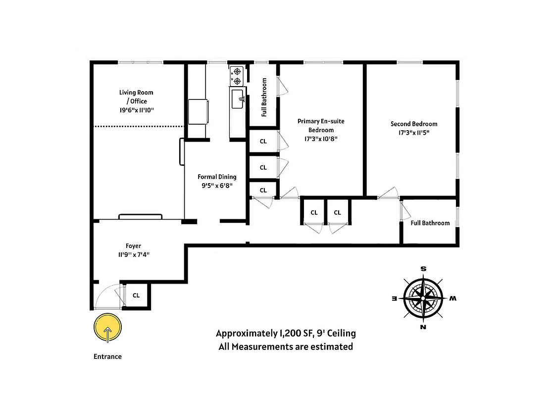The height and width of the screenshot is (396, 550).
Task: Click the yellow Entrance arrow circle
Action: click(107, 329)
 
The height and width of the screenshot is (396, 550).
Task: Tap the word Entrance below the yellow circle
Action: click(107, 356)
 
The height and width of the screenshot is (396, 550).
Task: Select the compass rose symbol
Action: click(423, 298)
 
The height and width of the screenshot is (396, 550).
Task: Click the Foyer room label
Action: click(133, 246)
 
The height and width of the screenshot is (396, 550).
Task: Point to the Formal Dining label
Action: click(217, 177)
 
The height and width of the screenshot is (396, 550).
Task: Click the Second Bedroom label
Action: click(414, 124)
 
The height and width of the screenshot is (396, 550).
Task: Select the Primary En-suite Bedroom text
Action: click(321, 125)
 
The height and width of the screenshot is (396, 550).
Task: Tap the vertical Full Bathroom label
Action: click(264, 97)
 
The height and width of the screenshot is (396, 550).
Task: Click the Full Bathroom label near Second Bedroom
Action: click(430, 223)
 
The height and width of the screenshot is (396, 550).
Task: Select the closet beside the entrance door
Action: click(136, 296)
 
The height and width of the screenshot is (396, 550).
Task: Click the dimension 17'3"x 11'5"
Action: click(414, 133)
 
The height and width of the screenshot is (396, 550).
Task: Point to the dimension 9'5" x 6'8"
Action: click(217, 186)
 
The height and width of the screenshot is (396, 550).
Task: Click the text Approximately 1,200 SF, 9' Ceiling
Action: click(286, 333)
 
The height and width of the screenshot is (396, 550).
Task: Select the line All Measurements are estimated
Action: click(286, 346)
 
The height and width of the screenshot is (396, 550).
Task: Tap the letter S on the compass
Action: click(424, 269)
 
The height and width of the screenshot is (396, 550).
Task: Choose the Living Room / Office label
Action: click(136, 97)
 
